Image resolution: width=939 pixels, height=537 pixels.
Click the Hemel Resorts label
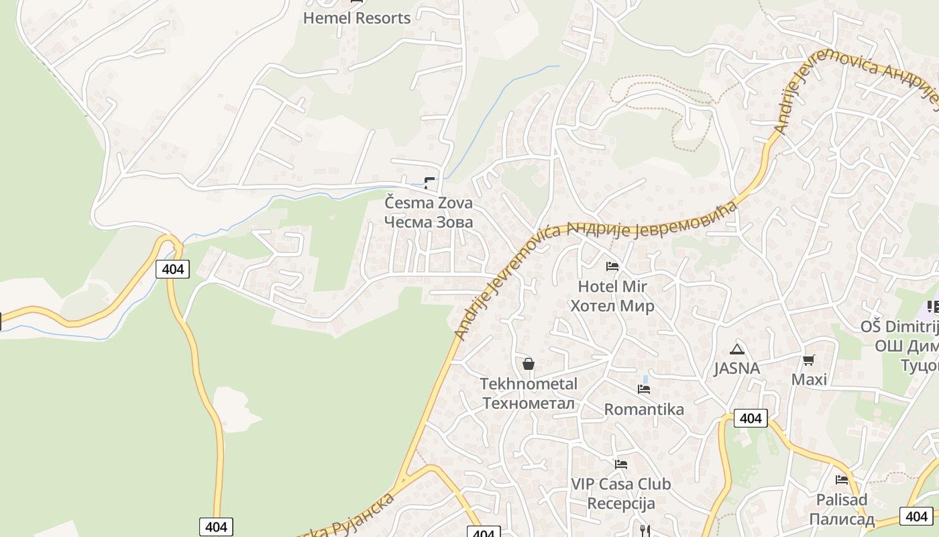coord(356,18)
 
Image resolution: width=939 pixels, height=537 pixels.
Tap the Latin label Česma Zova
coord(429,203)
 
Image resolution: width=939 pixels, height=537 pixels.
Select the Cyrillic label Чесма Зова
coord(429,222)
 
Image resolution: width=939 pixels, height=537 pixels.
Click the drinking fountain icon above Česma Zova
coord(429,183)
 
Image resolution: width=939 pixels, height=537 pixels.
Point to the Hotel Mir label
coord(612,287)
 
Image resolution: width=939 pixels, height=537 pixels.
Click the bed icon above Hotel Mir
coord(612,266)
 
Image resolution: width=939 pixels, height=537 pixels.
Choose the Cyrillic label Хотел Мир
coord(612,306)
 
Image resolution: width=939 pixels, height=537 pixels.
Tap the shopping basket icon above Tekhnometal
coord(529,364)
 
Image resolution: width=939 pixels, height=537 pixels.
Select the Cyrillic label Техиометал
coord(529,403)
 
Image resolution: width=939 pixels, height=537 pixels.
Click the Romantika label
coord(644,409)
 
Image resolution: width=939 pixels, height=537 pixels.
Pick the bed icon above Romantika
coord(644,389)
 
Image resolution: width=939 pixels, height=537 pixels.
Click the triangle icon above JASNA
coord(737,349)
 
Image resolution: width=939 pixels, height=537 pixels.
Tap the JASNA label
coord(737,368)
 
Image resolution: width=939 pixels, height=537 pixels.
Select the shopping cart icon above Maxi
coord(809,360)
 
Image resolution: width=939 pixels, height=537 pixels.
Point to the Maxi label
coord(809,380)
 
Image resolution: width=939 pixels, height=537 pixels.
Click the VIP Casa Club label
coord(620,484)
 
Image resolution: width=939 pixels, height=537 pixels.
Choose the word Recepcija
coord(620,503)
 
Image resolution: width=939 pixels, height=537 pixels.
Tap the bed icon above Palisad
coord(842,480)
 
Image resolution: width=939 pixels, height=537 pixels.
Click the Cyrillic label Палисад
coord(842,519)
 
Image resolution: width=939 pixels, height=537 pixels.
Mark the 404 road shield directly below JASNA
coord(751,418)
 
